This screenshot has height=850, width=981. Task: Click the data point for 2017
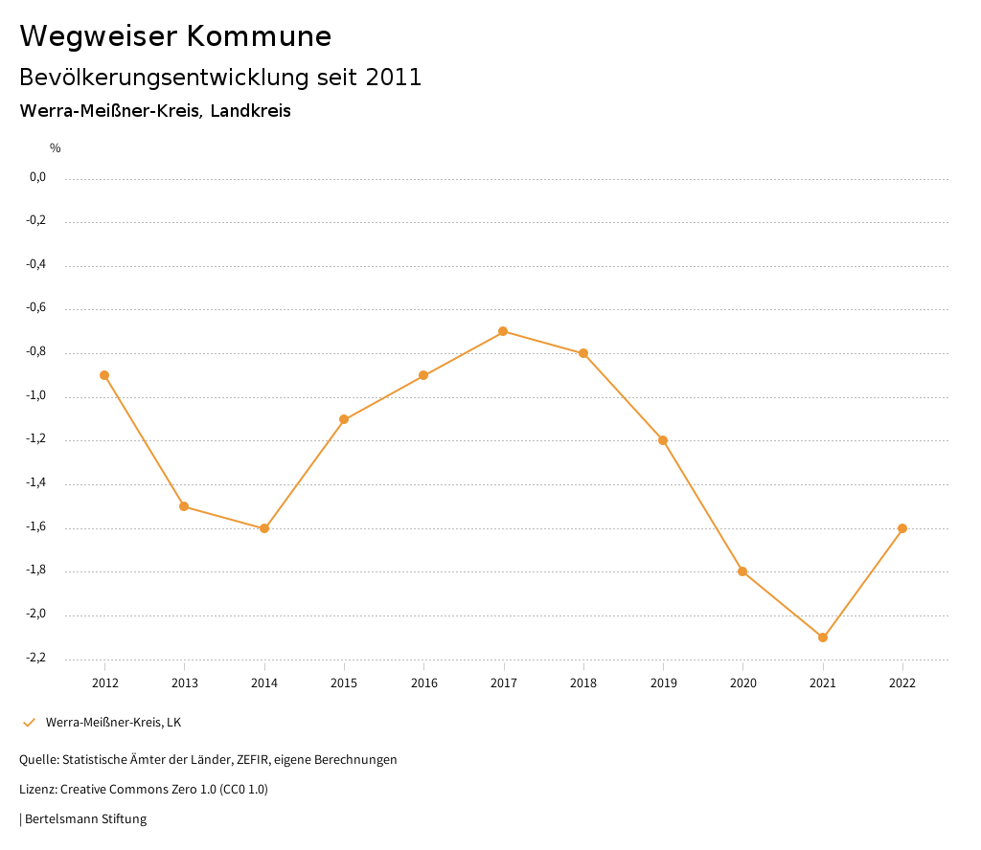point(503,331)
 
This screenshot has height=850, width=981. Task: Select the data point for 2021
point(823,637)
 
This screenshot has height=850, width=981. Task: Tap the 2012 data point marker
point(104,375)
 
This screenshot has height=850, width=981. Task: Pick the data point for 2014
point(264,528)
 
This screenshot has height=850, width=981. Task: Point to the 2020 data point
point(742,571)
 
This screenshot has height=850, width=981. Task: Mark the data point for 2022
point(902,528)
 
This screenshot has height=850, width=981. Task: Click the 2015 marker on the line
point(344,419)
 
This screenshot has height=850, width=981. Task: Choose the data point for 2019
point(663,440)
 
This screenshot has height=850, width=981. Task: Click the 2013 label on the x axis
point(185,683)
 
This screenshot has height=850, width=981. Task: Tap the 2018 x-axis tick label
point(583,683)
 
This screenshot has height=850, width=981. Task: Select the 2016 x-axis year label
point(424,683)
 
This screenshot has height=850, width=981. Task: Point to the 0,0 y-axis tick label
point(37,177)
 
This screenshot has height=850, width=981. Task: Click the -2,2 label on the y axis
point(35,659)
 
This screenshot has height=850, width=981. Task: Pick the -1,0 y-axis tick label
point(35,396)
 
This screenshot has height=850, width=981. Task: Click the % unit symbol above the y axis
point(56,148)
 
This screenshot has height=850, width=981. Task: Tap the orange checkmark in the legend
point(29,722)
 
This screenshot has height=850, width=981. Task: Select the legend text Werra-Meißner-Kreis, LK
point(113,722)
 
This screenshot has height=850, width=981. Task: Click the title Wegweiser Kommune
point(175,36)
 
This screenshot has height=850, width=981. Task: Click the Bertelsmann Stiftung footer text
point(85,819)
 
